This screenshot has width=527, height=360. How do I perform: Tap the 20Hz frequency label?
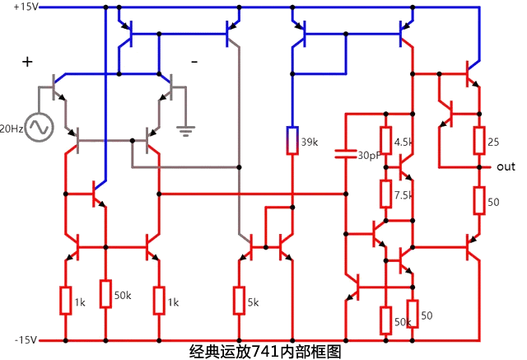(x=11, y=129)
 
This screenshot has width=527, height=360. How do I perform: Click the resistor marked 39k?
(x=292, y=141)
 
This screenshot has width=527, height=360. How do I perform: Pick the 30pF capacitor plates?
(x=345, y=153)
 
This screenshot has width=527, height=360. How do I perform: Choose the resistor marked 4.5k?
(x=385, y=141)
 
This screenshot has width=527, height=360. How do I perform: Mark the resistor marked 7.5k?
(x=385, y=194)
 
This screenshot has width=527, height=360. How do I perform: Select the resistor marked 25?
(x=478, y=141)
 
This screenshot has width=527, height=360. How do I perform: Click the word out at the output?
(x=506, y=166)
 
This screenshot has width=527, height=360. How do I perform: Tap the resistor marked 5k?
(x=239, y=302)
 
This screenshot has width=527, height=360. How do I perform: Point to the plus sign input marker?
(x=27, y=62)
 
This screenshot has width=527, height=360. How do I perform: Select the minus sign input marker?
(x=194, y=62)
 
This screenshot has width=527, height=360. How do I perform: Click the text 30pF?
(x=368, y=155)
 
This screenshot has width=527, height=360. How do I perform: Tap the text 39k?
(x=310, y=142)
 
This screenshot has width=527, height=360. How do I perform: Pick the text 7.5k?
(x=403, y=195)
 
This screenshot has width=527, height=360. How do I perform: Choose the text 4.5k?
(x=403, y=142)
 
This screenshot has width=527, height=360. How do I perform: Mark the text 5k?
(x=254, y=302)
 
